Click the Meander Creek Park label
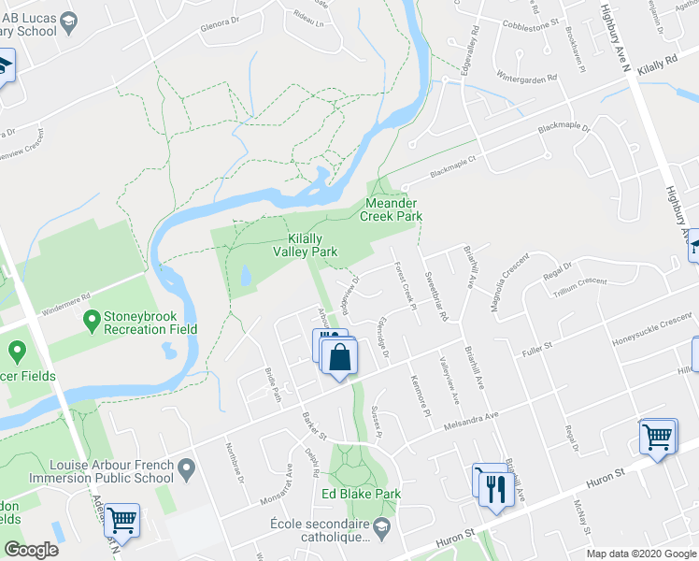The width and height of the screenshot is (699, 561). (392, 209)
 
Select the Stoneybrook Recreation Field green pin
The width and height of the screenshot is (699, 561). (92, 322)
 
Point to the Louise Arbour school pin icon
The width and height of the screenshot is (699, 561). (188, 466)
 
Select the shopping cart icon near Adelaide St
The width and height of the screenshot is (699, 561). (121, 519)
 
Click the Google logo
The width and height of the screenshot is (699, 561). (31, 550)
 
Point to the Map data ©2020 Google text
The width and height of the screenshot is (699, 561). (641, 554)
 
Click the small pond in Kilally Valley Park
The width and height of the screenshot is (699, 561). (245, 277)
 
